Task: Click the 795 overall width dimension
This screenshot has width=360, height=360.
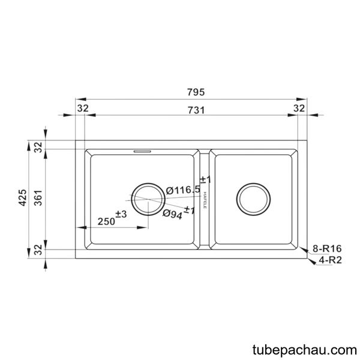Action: [x=196, y=92]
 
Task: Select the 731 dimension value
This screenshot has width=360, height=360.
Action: [x=196, y=110]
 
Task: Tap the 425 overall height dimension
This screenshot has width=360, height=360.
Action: [x=23, y=197]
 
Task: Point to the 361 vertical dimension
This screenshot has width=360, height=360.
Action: [x=38, y=197]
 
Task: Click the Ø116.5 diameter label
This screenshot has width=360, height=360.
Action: [x=183, y=190]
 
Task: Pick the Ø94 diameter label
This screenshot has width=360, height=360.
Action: [x=173, y=214]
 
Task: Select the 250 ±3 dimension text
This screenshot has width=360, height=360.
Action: [x=112, y=218]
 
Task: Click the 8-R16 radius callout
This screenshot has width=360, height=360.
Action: [x=327, y=248]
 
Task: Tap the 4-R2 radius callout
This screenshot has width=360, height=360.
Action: [x=330, y=260]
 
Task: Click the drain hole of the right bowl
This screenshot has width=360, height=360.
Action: [x=253, y=199]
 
